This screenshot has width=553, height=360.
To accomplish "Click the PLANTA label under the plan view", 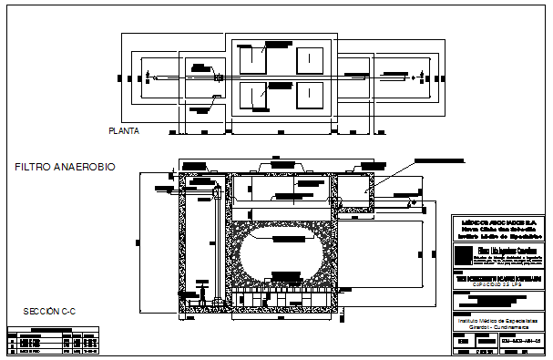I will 123,131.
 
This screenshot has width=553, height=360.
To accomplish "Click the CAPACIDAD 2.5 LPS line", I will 497,285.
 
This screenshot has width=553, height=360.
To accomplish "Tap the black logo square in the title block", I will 465,253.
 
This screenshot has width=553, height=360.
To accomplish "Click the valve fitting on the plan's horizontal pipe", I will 219,78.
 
